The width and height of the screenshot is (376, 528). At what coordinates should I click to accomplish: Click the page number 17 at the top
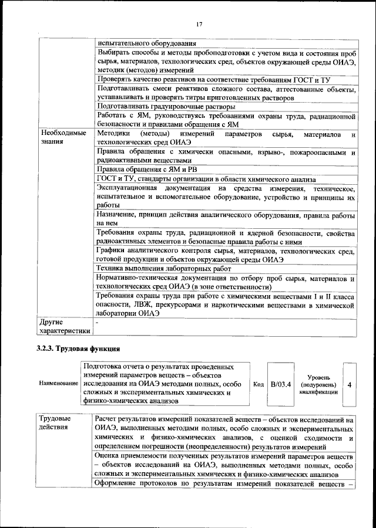pos(199,23)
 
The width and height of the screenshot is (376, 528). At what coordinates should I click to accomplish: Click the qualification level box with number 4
pos(350,384)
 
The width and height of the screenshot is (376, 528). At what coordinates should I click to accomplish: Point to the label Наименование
pos(59,384)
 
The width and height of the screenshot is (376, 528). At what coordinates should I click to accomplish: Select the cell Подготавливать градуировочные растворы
pos(166,107)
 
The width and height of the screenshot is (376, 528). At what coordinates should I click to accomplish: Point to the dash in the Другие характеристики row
pos(98,323)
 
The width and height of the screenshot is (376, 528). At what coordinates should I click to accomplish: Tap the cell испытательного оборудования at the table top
pos(146,43)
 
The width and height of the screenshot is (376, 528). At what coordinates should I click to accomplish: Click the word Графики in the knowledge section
pos(112,251)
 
